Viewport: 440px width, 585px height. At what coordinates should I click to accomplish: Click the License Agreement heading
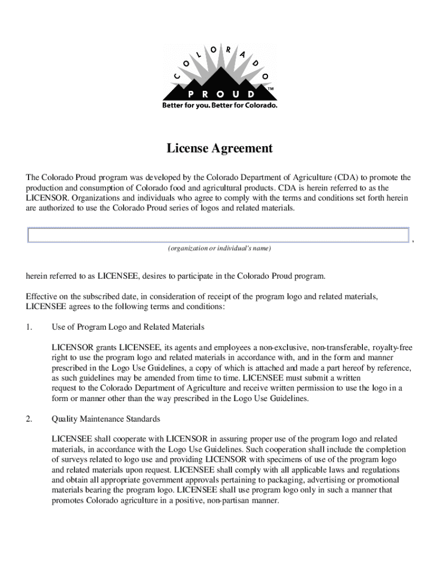[x=219, y=149]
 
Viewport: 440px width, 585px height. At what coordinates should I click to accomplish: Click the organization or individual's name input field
[x=218, y=235]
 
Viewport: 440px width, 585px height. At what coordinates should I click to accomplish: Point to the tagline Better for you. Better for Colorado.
[x=219, y=106]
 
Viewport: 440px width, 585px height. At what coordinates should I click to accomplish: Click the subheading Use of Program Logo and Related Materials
[x=128, y=327]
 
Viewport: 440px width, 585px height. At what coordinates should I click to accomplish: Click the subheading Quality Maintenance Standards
[x=106, y=419]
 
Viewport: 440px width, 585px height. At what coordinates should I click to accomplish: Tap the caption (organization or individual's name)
[x=219, y=249]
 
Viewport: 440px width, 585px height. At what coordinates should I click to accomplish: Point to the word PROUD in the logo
[x=221, y=94]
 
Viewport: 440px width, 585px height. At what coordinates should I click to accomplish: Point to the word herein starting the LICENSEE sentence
[x=37, y=277]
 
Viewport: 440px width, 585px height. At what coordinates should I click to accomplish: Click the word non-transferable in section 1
[x=339, y=347]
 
